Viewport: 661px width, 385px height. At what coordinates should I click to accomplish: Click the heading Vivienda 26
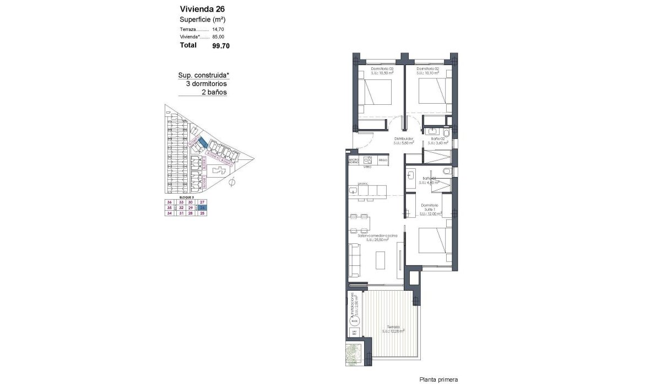[202, 9]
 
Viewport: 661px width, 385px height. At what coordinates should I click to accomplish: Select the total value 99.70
[220, 46]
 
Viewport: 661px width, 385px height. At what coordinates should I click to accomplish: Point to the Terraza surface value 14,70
[218, 29]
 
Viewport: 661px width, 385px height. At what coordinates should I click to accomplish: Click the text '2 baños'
[214, 93]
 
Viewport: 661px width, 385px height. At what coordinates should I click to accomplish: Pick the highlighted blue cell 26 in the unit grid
[202, 208]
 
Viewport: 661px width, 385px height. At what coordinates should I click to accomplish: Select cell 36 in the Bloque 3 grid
[169, 202]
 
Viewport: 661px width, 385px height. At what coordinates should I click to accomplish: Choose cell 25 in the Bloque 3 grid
[202, 213]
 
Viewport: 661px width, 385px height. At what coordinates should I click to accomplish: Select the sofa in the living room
[354, 260]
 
